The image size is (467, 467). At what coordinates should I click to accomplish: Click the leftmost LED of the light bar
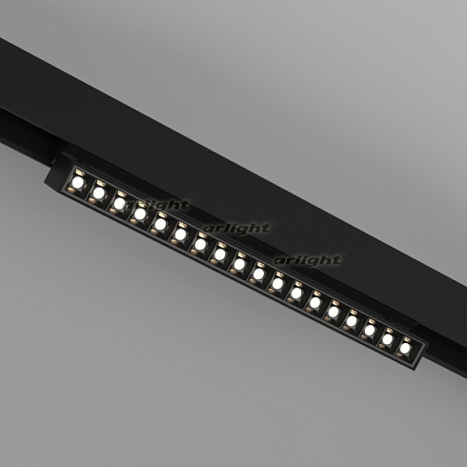click(x=78, y=180)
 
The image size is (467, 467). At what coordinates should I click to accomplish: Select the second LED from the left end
click(x=98, y=192)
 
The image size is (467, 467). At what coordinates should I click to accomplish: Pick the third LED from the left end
click(x=119, y=202)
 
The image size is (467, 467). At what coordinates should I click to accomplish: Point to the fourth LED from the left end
click(x=140, y=213)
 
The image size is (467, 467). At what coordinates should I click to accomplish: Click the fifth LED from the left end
click(x=160, y=224)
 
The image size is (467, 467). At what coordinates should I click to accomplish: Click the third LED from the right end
click(x=370, y=328)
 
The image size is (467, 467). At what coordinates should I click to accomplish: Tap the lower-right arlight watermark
click(x=308, y=259)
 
